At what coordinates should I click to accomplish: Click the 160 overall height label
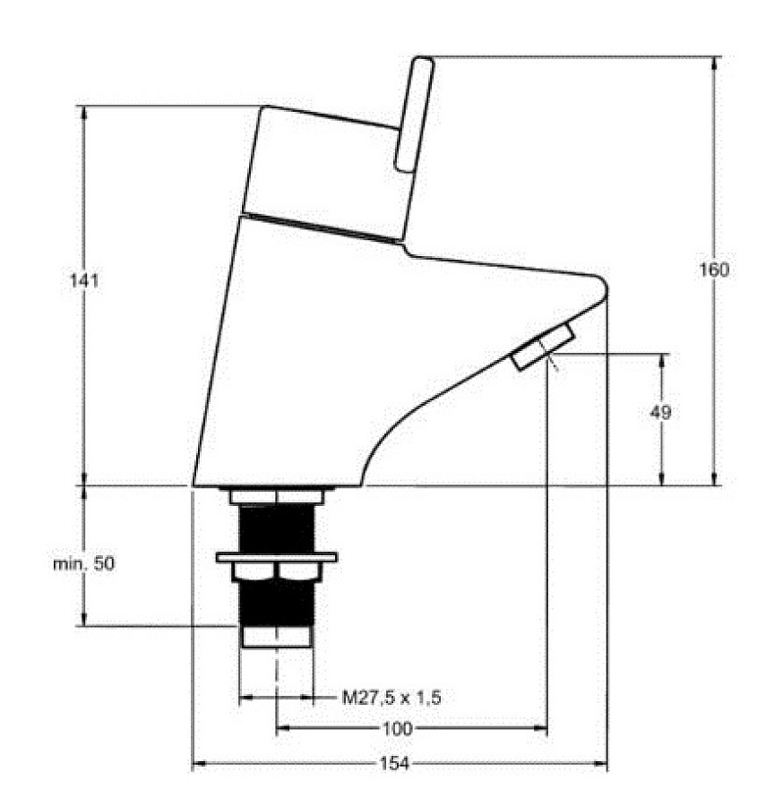coord(714,270)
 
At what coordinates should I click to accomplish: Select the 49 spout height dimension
coord(661,412)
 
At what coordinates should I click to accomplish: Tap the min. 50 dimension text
coord(83,564)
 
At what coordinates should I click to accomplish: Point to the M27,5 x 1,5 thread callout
coord(392,697)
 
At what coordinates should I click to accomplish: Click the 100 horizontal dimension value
coord(397,729)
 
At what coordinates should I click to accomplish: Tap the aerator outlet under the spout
coord(544,348)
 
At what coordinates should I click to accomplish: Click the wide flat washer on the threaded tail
coord(276,557)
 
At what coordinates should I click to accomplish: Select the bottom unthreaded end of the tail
coord(276,636)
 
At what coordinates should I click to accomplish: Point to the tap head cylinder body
coord(327,170)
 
